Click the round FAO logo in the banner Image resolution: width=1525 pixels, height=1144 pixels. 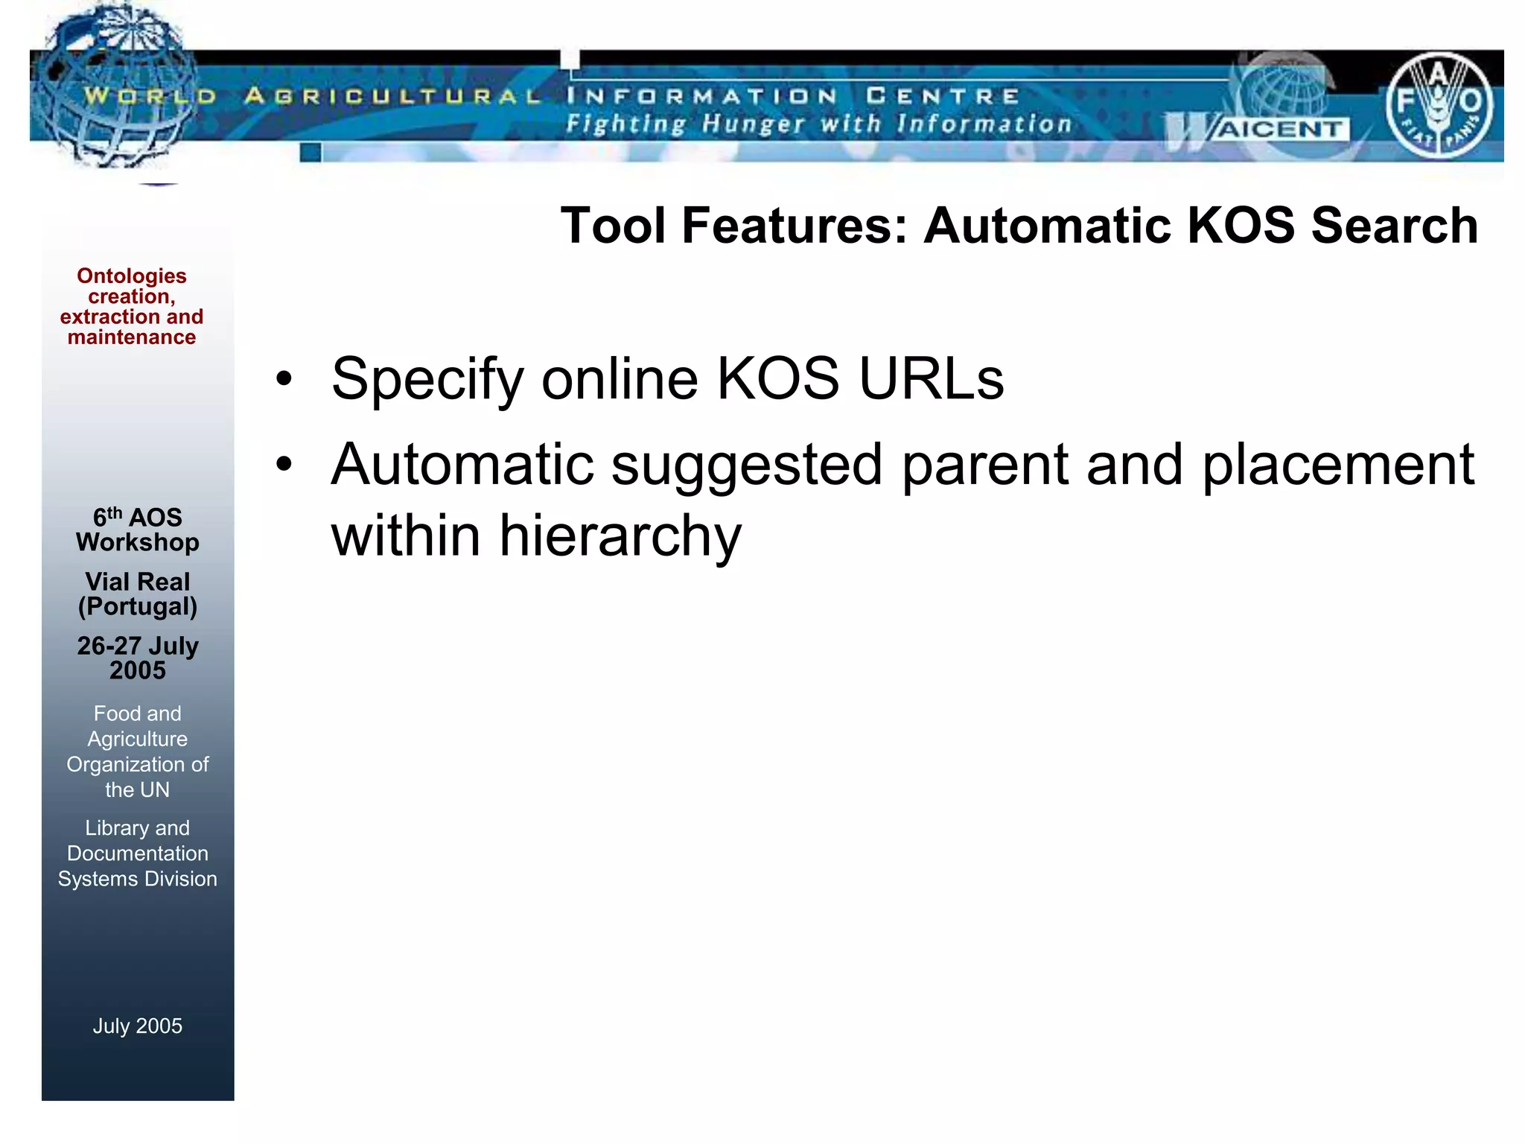coord(1439,106)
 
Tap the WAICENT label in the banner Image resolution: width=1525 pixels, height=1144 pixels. coord(1279,130)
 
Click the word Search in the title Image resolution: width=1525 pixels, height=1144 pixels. coord(1394,226)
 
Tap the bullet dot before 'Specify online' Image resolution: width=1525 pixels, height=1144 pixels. coord(284,379)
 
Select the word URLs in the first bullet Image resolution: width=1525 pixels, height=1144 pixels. coord(931,379)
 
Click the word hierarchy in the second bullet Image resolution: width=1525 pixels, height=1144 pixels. coord(620,536)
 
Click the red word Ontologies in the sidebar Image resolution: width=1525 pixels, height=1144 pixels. coord(132,276)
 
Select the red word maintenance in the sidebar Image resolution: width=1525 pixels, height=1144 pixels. coord(132,337)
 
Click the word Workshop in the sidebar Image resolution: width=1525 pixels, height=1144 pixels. coord(138,542)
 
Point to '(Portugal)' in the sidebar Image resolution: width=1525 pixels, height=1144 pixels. coord(138,607)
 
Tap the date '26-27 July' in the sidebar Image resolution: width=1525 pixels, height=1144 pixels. coord(138,646)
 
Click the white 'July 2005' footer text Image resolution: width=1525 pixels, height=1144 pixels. coord(138,1026)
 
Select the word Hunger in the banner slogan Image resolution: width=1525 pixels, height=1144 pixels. coord(753,124)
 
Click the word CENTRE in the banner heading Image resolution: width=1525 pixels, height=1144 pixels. coord(943,96)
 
